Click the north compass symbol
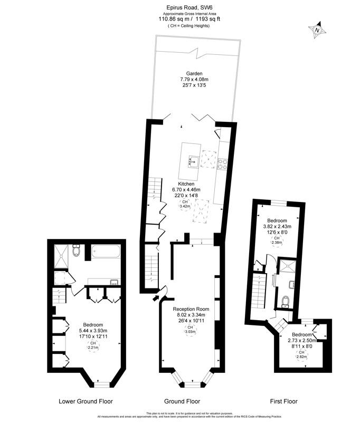pos(317,31)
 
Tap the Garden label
pos(194,73)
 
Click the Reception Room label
pos(191,309)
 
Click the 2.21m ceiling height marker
pos(93,345)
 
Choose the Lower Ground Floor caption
pos(85,401)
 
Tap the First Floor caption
pos(284,401)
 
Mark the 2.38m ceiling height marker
pos(276,241)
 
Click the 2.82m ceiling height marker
pos(302,354)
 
